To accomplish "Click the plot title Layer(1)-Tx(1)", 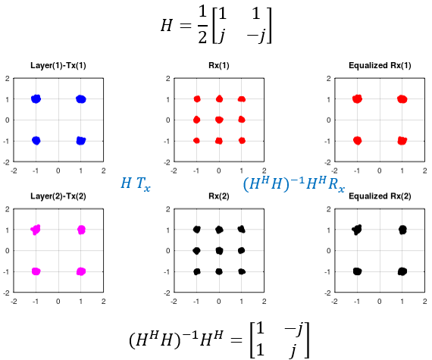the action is coord(58,65).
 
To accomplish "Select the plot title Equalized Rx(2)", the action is coord(380,196).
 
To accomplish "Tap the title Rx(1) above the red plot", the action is coord(219,65).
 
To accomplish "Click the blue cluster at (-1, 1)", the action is coord(36,99).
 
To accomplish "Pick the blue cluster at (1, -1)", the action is coord(81,140).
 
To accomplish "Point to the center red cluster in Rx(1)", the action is coord(219,120).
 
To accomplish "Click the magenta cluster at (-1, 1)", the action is coord(36,230).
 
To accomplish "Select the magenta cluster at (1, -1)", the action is coord(81,271).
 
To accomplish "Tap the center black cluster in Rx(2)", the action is coord(219,251).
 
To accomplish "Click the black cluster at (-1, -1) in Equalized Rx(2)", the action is coord(357,271).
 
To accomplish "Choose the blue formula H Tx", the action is coord(136,183).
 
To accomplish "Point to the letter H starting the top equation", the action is coord(167,26).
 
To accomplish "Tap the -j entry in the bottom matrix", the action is coord(293,330).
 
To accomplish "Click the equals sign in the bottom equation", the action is coord(236,340).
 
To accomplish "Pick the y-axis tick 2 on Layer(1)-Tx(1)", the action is coord(7,79).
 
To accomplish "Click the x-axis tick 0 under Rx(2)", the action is coord(219,302).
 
